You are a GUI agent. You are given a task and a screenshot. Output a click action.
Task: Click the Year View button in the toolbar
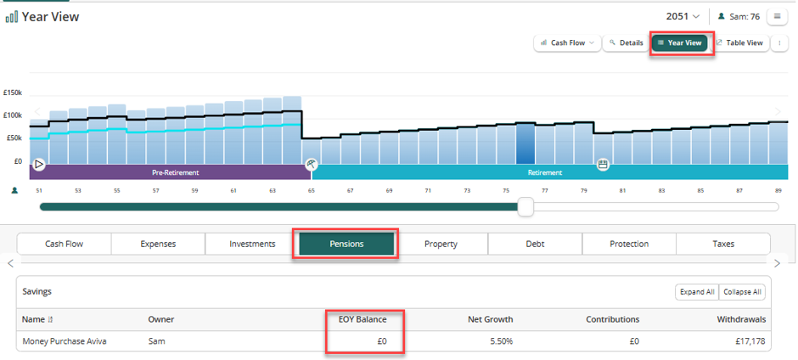coord(679,42)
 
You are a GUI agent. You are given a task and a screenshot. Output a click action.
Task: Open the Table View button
coord(739,42)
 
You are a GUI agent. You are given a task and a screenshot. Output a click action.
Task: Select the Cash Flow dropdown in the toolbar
coord(567,42)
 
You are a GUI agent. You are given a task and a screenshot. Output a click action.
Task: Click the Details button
coord(626,42)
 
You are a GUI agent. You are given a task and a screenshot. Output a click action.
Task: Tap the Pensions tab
coord(346,244)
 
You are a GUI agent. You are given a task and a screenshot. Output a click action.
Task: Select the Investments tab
coord(252,244)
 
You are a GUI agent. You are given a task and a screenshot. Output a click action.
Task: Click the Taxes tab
coord(723,244)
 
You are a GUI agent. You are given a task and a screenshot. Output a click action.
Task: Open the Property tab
coord(441,244)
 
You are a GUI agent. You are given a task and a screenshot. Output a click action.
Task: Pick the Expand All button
coord(697,292)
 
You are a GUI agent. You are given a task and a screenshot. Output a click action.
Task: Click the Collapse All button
coord(742,292)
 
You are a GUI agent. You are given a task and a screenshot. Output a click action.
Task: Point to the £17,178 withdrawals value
coord(750,341)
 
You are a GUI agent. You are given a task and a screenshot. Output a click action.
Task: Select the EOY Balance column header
coord(362,320)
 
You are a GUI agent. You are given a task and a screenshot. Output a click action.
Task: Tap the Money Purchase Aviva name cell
coord(65,341)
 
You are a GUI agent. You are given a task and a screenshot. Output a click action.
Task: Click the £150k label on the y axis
coord(12,93)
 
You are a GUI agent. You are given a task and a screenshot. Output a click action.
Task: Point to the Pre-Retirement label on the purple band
coord(176,172)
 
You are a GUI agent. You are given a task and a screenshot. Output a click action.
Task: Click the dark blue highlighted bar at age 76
coord(525,143)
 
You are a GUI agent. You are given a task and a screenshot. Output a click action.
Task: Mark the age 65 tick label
coord(311,190)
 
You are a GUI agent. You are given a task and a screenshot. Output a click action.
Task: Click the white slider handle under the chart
coord(525,206)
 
